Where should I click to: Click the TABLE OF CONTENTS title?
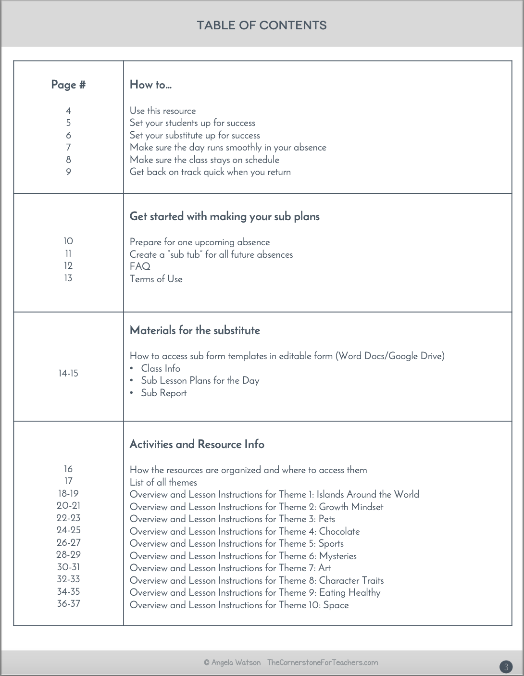coord(262,25)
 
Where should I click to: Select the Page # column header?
coord(68,85)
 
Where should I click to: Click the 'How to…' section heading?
coord(150,85)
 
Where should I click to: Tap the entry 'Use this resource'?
coord(162,111)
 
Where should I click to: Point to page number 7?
coord(68,148)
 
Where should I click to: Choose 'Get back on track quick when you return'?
coord(210,172)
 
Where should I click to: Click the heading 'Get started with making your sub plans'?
coord(225,216)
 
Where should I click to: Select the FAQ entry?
coord(140,266)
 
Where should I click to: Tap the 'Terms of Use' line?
coord(156,279)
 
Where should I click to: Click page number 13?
coord(68,278)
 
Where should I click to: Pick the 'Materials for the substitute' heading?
coord(195,330)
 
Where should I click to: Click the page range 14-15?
coord(68,373)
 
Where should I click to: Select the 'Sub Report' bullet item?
coord(163,393)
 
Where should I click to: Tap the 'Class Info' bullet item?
coord(161,368)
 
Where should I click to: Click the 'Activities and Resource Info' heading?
coord(197,444)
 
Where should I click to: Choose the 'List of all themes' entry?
coord(163,482)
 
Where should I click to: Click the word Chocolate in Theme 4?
coord(339,531)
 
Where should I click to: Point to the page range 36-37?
coord(68,604)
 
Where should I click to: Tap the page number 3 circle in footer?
coord(506,667)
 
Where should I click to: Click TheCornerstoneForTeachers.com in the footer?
coord(323,663)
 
